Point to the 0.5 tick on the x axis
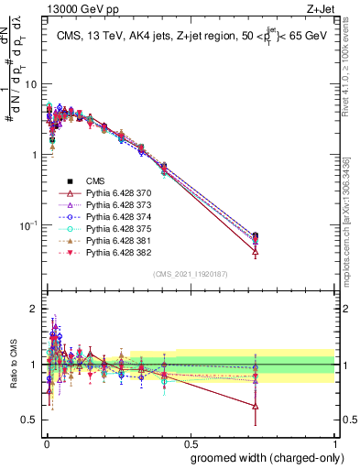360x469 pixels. pos(190,442)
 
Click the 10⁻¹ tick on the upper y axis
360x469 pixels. pos(27,225)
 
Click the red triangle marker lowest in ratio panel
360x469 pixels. pos(255,406)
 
